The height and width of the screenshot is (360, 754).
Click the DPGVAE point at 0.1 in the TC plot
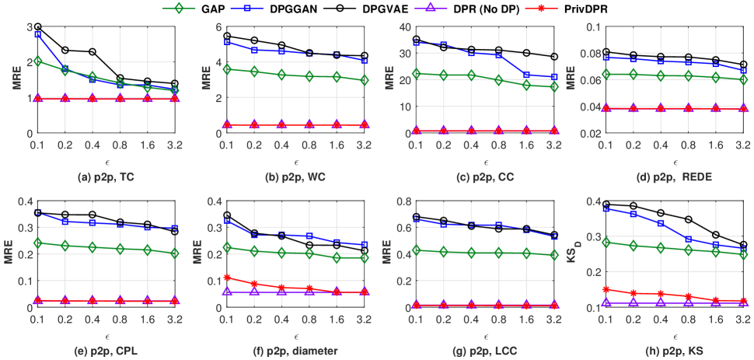(37, 27)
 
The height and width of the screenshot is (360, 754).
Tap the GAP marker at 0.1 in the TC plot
(37, 61)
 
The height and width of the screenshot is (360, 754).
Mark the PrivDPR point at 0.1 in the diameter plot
(226, 278)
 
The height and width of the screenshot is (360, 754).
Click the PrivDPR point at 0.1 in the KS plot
(605, 289)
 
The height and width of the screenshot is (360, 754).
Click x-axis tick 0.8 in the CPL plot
(120, 320)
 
